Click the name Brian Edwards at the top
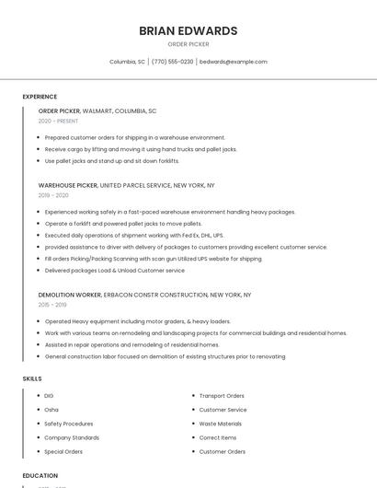[x=188, y=30]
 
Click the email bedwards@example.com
[x=234, y=62]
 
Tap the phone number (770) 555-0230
[x=173, y=62]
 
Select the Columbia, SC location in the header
[x=127, y=62]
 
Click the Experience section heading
[x=40, y=97]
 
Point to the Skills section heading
[x=31, y=378]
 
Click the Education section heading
[x=40, y=475]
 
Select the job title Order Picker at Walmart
[x=60, y=110]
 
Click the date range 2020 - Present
[x=58, y=121]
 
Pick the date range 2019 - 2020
[x=53, y=195]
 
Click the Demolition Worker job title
[x=70, y=295]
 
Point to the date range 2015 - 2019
[x=52, y=305]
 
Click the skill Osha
[x=51, y=410]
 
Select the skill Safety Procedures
[x=68, y=424]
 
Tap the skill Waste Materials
[x=220, y=424]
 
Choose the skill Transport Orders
[x=222, y=396]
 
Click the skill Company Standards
[x=72, y=437]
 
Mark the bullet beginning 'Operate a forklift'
[x=123, y=224]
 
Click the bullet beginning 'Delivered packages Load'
[x=114, y=271]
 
